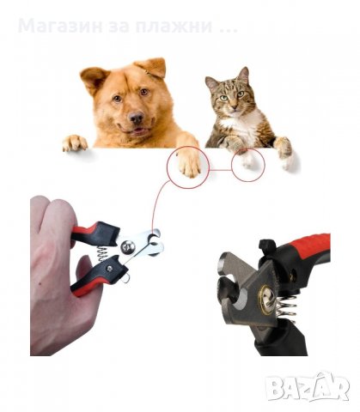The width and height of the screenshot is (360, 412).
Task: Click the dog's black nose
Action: tap(136, 117)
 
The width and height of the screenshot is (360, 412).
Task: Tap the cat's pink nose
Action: tap(235, 107)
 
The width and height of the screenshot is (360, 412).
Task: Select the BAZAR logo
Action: tap(308, 387)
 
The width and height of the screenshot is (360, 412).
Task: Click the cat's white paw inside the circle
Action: tap(247, 160)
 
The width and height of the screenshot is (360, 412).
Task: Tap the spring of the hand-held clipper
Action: tap(102, 253)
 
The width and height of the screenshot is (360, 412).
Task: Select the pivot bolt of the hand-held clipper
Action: tap(128, 247)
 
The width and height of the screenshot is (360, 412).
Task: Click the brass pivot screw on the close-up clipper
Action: tap(266, 299)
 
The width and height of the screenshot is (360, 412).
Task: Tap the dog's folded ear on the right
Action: tap(152, 67)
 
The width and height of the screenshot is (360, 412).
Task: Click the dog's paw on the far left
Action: tap(75, 142)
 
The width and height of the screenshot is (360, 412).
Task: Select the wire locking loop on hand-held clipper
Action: tap(125, 278)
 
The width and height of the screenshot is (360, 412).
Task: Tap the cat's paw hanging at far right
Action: tap(285, 154)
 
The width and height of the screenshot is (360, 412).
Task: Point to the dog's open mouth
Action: tap(137, 131)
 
